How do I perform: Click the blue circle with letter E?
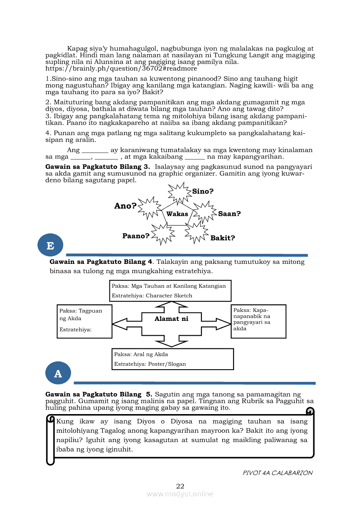click(x=51, y=245)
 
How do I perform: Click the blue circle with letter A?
click(x=58, y=373)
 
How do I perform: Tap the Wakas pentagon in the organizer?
click(x=177, y=213)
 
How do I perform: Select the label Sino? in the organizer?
click(x=203, y=191)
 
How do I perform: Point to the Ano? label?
click(x=126, y=206)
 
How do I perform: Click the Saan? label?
click(x=229, y=214)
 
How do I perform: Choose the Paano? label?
click(x=136, y=236)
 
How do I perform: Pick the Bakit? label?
click(x=223, y=238)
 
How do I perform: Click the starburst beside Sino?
click(x=180, y=192)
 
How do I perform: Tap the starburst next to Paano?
click(x=163, y=234)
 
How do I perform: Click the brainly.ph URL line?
click(x=121, y=68)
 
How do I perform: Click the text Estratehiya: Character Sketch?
click(x=152, y=296)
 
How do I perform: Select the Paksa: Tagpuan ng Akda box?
click(x=85, y=321)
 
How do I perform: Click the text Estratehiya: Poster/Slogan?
click(x=150, y=364)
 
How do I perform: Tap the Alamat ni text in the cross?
click(x=171, y=319)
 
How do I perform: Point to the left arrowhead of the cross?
click(x=119, y=324)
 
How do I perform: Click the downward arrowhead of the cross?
click(x=172, y=344)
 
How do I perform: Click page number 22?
click(x=180, y=486)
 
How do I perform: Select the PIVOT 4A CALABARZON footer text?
click(x=278, y=473)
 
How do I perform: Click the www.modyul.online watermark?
click(x=180, y=494)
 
